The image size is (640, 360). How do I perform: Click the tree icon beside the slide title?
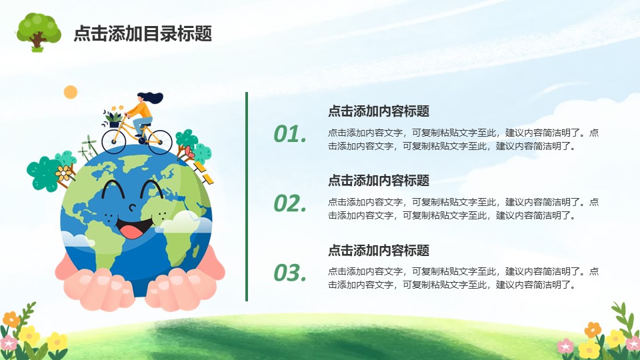[x=39, y=32]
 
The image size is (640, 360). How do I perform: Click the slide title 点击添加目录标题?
[x=143, y=33]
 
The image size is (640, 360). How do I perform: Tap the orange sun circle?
[x=71, y=92]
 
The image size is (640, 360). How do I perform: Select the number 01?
[x=290, y=134]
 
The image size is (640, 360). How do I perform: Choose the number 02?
[x=290, y=203]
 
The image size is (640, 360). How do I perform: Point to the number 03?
[x=290, y=273]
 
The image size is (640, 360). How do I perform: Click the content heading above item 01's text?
[x=379, y=111]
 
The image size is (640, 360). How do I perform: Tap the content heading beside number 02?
[x=379, y=181]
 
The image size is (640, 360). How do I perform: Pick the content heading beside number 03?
[x=379, y=250]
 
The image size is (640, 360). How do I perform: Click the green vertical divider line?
[x=247, y=197]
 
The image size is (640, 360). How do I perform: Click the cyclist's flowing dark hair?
[x=152, y=97]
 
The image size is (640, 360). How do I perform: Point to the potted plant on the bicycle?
[x=113, y=117]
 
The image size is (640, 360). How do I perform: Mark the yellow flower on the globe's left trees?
[x=63, y=173]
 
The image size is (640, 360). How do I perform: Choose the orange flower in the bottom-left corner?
[x=11, y=319]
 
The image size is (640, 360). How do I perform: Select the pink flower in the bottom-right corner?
[x=566, y=346]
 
